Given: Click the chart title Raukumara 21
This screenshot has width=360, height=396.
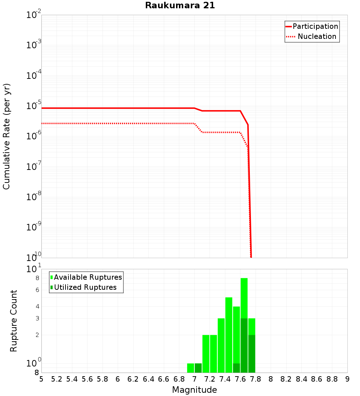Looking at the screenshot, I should [x=180, y=6].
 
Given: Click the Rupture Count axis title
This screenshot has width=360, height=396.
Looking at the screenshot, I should [x=14, y=321].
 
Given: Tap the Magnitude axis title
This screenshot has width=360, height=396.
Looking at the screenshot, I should [x=194, y=390].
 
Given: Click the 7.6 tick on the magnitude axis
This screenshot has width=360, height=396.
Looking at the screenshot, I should [x=240, y=379].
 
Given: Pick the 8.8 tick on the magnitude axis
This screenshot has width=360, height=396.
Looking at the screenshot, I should [x=332, y=379].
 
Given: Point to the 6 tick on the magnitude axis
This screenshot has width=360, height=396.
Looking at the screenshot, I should [x=118, y=379].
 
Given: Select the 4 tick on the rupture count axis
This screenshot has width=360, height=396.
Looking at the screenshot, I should [x=37, y=307].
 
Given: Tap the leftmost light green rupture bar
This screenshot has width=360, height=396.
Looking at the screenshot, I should [x=190, y=368].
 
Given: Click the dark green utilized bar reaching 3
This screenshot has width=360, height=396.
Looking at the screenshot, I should [x=244, y=346].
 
